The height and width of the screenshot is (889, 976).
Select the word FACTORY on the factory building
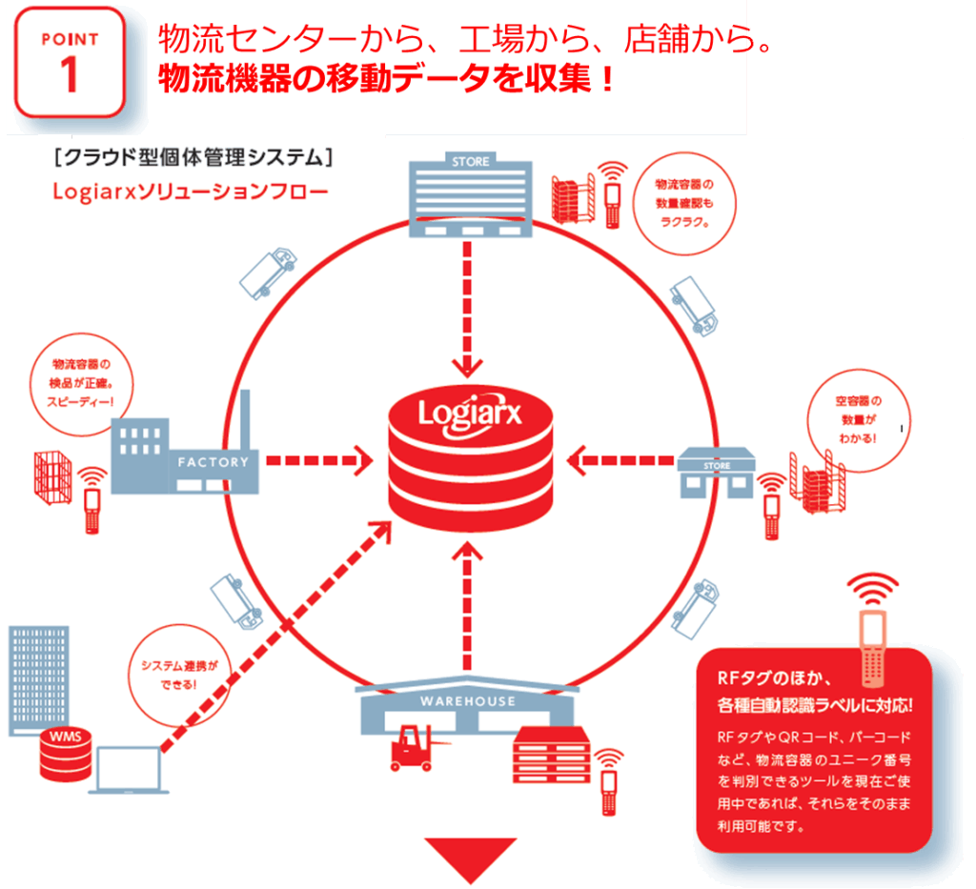tap(213, 462)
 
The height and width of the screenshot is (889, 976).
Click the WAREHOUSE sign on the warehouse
tap(467, 701)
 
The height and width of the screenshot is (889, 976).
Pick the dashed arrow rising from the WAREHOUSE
tap(465, 610)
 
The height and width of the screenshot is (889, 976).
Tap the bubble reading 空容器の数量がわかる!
tap(858, 419)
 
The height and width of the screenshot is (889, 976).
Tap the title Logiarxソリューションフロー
tap(191, 192)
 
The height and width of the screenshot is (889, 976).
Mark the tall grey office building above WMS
tap(39, 678)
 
